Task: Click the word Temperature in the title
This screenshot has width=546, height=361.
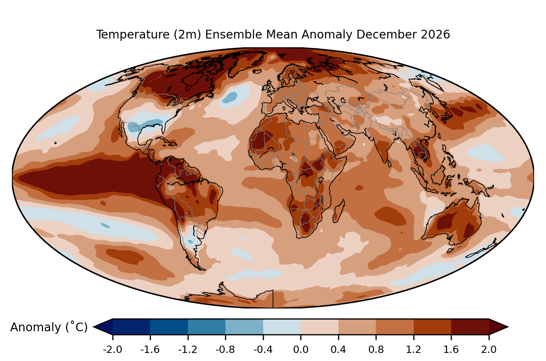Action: tap(133, 34)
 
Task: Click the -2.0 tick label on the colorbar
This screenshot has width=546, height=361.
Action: tap(112, 349)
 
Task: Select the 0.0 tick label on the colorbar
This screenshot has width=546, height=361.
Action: tap(301, 349)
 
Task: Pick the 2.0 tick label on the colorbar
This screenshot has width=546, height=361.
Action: tap(489, 349)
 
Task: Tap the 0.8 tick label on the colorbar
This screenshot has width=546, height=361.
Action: tap(376, 349)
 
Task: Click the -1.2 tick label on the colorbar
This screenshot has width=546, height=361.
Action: tap(188, 349)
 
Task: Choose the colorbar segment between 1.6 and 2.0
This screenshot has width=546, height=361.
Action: tap(470, 327)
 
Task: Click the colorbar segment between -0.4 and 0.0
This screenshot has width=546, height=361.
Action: tap(282, 327)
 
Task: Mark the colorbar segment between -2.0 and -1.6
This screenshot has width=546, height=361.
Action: tap(131, 327)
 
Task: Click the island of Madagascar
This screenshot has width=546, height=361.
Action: tap(339, 211)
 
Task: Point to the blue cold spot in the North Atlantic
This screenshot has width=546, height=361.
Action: tap(230, 97)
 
